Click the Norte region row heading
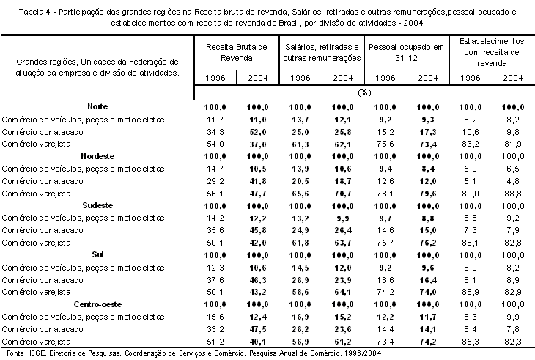click(97, 106)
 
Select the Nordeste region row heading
click(97, 156)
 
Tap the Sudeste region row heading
click(97, 205)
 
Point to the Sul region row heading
click(97, 254)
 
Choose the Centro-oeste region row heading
click(97, 304)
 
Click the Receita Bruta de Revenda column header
click(237, 53)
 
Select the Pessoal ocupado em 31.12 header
click(406, 53)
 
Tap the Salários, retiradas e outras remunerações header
click(322, 53)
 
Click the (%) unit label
click(364, 92)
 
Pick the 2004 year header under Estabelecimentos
click(513, 78)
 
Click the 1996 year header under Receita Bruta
click(215, 78)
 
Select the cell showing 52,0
click(257, 132)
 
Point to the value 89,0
click(471, 194)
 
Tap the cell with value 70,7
click(342, 194)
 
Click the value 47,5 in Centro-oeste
click(257, 329)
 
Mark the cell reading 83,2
click(471, 144)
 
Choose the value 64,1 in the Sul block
click(342, 292)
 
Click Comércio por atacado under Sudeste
click(43, 230)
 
